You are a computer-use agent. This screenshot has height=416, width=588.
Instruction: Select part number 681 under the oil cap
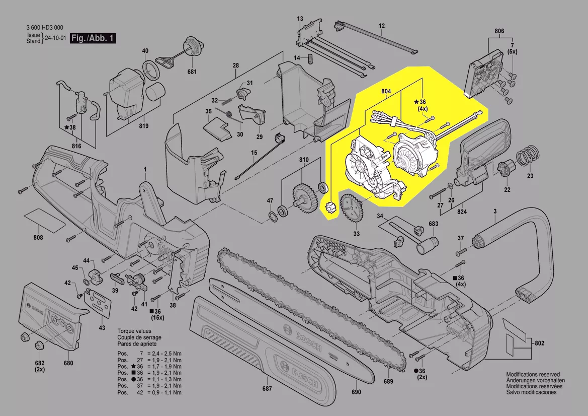point(192,72)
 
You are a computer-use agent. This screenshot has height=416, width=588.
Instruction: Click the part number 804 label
point(386,91)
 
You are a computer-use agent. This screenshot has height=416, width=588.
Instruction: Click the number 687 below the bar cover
point(267,388)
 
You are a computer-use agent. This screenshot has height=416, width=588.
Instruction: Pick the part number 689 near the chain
point(388,381)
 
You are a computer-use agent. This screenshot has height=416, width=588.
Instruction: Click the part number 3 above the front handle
point(495,212)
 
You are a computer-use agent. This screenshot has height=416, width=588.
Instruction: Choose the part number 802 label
point(540,343)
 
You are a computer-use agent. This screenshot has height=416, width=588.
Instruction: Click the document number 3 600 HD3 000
point(45,28)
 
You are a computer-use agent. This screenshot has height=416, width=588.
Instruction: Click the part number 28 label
point(235,66)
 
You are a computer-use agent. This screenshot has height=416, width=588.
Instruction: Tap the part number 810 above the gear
point(304,160)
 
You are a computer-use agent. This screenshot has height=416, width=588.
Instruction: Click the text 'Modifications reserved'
point(533,375)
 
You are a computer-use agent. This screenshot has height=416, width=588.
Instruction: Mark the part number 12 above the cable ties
point(381,26)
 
